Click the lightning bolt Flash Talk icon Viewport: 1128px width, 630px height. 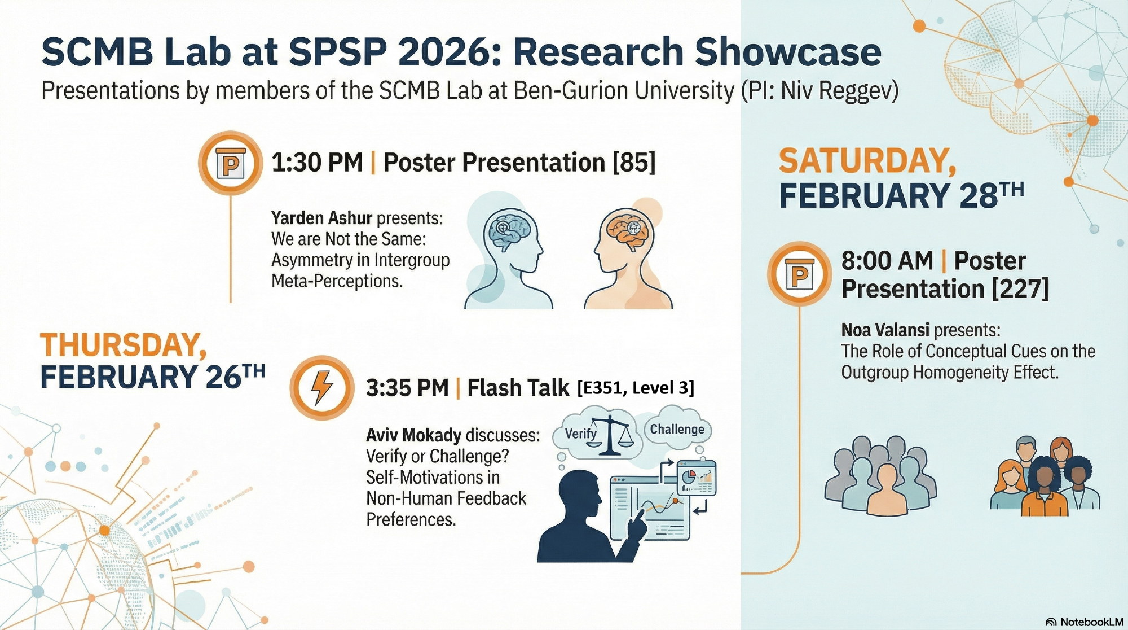tap(322, 387)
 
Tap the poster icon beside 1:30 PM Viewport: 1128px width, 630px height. tap(230, 164)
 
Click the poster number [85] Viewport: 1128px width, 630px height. tap(634, 163)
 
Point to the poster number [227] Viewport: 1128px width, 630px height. tap(1020, 289)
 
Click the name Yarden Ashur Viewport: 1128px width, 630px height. tap(321, 218)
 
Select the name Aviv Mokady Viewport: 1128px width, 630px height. tap(413, 435)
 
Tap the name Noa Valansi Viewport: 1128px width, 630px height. tap(885, 330)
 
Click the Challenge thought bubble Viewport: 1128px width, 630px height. tap(677, 430)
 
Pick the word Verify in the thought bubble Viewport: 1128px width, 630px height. tap(581, 434)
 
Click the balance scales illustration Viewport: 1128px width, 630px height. tap(611, 435)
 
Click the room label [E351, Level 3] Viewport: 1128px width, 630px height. tap(636, 388)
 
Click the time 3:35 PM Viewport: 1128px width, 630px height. tap(407, 388)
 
